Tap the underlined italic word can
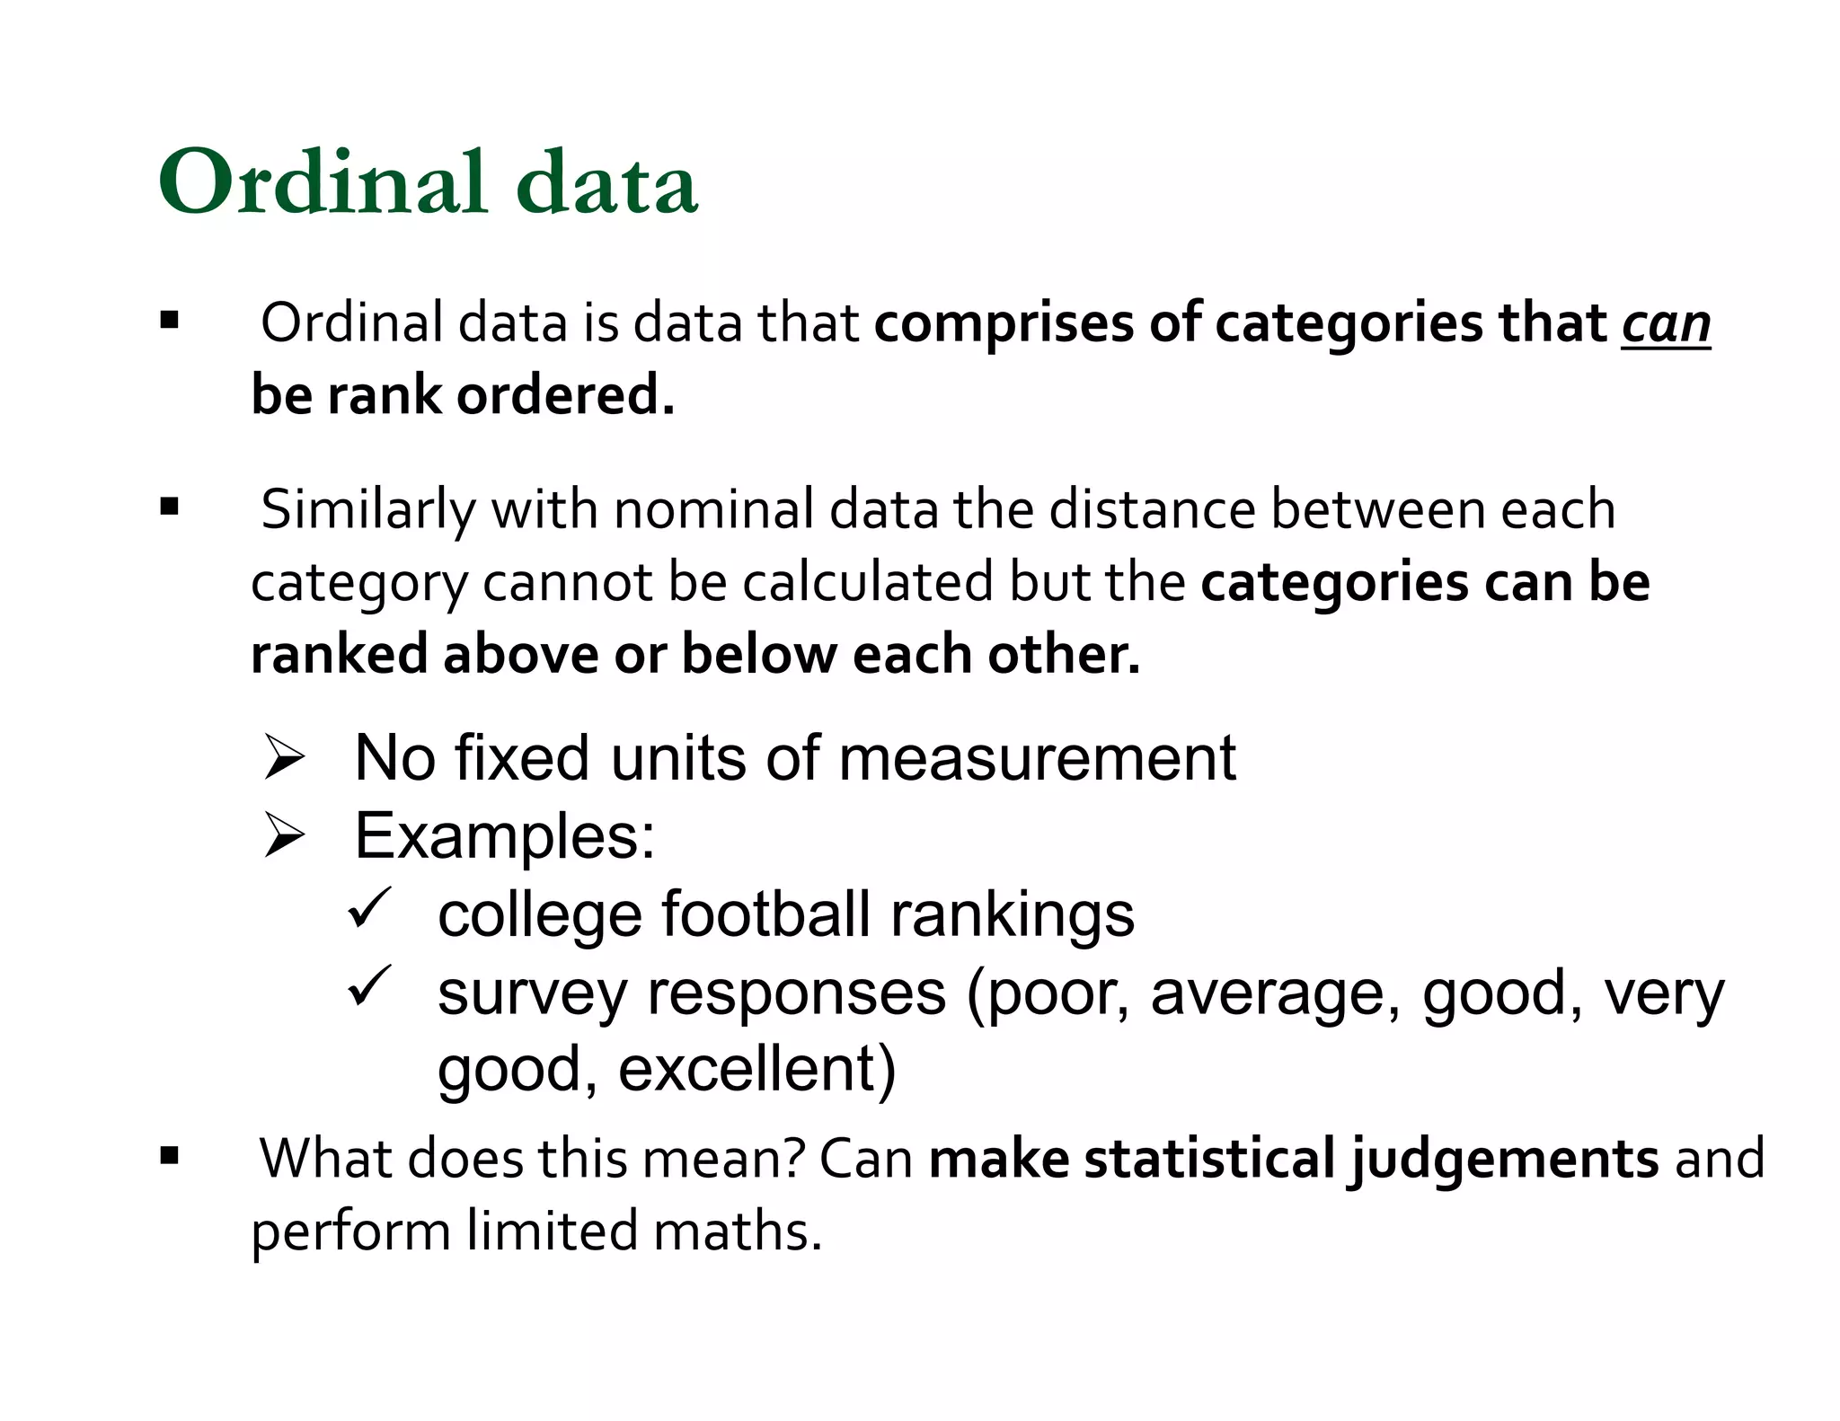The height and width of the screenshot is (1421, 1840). (1666, 325)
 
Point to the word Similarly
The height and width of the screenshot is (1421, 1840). (367, 509)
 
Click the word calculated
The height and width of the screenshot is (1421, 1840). (867, 582)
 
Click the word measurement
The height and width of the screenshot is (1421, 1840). (1037, 758)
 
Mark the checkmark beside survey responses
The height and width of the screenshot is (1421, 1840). (368, 985)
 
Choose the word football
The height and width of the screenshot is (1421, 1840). (766, 914)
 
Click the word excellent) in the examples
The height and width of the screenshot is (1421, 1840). (756, 1069)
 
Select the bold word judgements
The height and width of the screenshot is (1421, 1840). (1502, 1159)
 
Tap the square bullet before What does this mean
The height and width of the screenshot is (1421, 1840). (169, 1156)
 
